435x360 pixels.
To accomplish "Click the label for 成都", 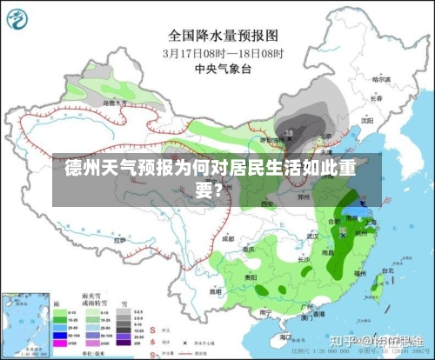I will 227,237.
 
